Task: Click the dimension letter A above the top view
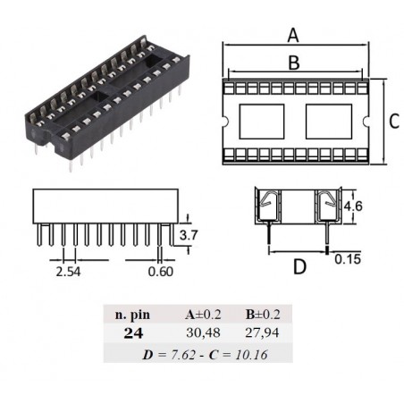coord(293,35)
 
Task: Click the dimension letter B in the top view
coord(294,63)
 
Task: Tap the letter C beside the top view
coord(394,122)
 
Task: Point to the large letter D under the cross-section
coord(299,266)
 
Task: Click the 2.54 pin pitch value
coord(68,272)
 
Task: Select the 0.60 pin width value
coord(161,272)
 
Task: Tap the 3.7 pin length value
coord(189,235)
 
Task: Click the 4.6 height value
coord(353,206)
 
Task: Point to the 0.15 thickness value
coord(348,259)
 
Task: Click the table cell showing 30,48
coord(204,332)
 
